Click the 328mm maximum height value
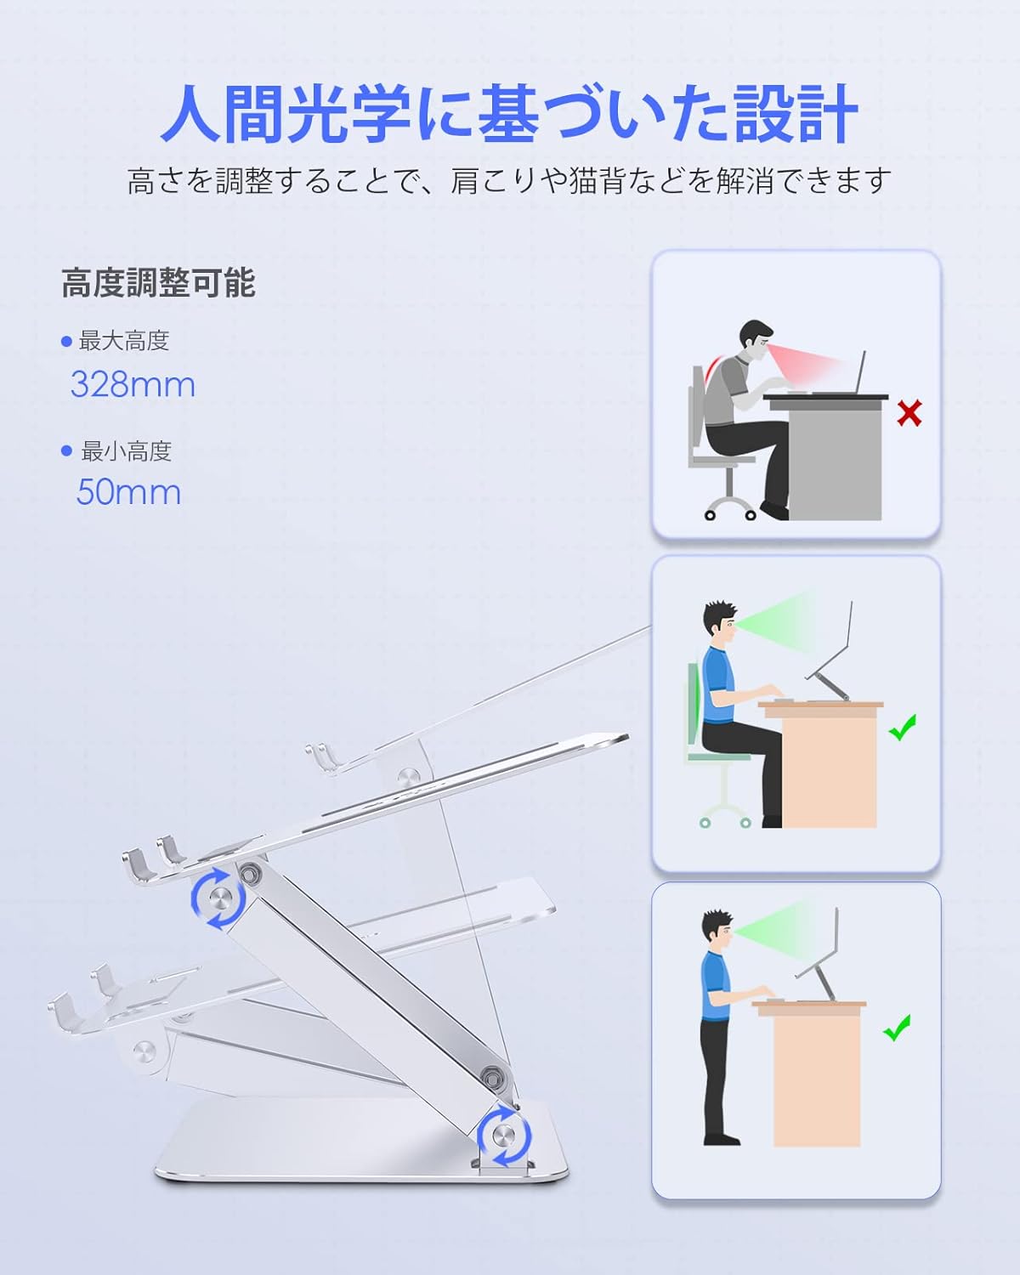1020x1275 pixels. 133,385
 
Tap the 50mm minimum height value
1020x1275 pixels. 128,492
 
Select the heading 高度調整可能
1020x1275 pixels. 159,282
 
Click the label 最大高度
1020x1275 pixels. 124,341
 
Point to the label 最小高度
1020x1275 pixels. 127,451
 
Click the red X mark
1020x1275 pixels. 909,414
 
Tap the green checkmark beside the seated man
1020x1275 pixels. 903,728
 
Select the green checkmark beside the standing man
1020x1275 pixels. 897,1028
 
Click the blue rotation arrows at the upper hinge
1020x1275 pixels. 218,898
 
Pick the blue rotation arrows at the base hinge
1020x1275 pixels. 504,1136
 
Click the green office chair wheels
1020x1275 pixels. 725,822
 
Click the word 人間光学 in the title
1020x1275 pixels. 286,114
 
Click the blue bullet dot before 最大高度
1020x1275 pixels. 66,341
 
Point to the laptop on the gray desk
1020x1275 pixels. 839,373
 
